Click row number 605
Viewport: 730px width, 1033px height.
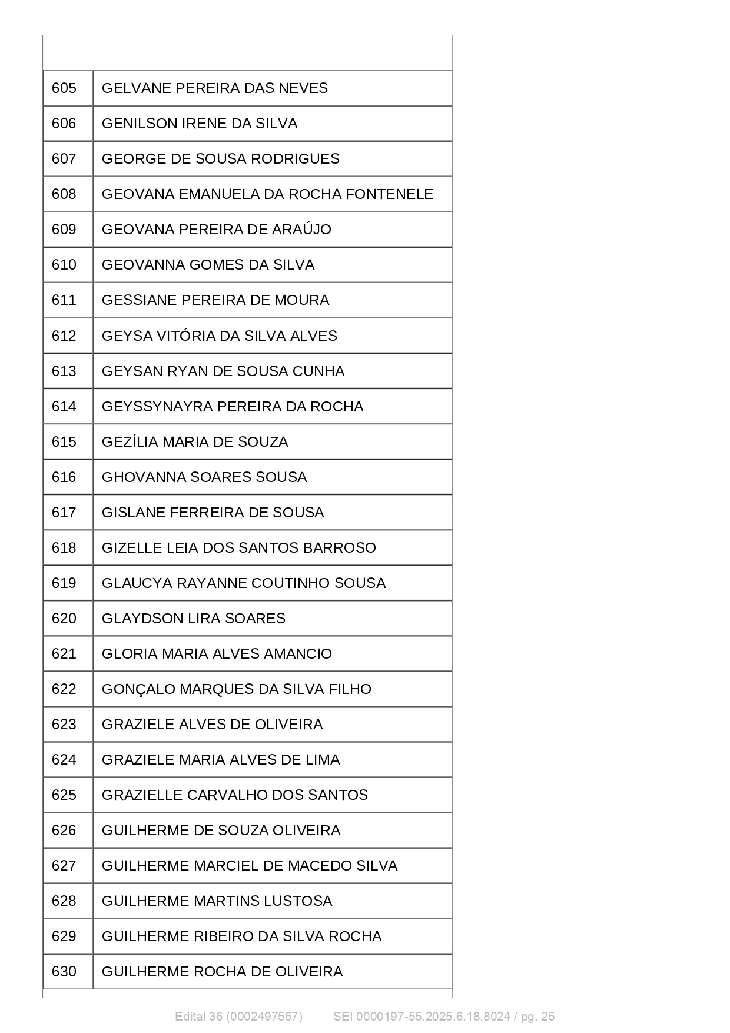coord(64,88)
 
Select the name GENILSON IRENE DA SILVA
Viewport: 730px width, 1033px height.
coord(200,124)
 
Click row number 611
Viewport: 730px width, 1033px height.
coord(64,300)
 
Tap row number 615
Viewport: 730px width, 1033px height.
coord(64,442)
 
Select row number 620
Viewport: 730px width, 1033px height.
coord(64,619)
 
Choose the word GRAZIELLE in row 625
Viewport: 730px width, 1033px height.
coord(142,795)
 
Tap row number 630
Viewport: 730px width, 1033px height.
coord(64,972)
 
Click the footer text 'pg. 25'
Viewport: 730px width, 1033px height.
coord(537,1017)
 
